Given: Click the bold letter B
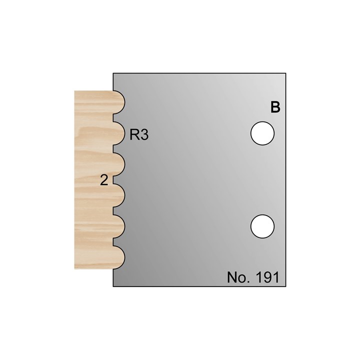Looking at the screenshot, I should tap(274, 107).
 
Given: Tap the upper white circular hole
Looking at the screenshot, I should tap(262, 134).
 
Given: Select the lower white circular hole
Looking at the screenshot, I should tap(262, 226).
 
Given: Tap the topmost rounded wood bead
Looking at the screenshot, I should tap(118, 102).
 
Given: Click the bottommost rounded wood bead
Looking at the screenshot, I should tap(118, 256).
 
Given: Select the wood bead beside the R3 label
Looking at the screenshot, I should tap(118, 133).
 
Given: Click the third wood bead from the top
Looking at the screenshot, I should tap(118, 163).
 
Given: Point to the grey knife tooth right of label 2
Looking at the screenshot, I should tap(116, 179).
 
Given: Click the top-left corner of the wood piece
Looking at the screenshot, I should tap(74, 91).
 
